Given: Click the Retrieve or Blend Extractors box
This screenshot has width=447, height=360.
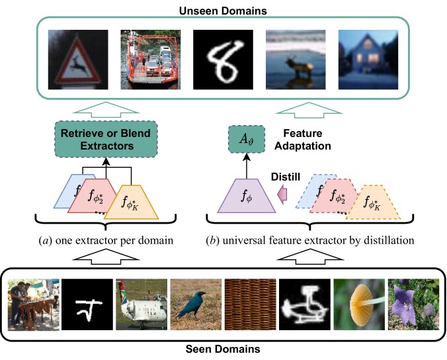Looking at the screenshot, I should click(x=107, y=140).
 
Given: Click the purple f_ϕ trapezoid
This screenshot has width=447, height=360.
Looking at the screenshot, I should click(x=245, y=196).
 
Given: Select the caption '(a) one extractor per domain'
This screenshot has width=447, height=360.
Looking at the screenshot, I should click(x=110, y=240).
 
